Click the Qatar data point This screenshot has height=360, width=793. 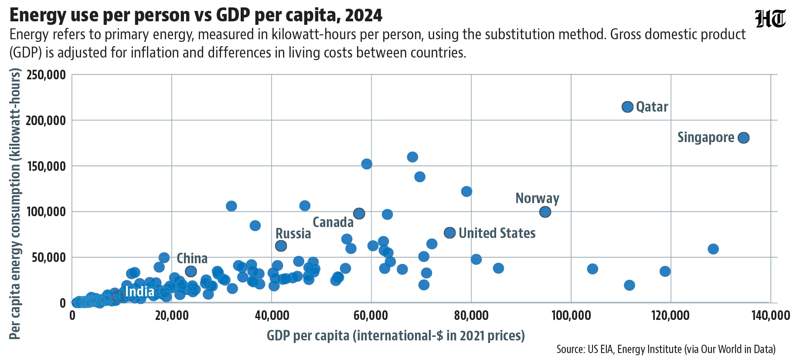pos(627,107)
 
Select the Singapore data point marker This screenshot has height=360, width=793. pos(744,138)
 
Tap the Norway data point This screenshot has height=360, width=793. pos(545,212)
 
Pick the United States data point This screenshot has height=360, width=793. pos(450,233)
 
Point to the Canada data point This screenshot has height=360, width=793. pos(359,213)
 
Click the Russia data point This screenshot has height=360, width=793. pos(281,246)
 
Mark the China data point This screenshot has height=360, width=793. pos(191,272)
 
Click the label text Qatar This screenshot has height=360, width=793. pos(652,107)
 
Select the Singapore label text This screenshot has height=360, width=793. pos(706,137)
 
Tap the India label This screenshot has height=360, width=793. pos(140,291)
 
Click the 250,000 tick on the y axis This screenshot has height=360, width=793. pos(46,75)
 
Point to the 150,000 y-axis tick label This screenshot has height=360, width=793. pos(46,166)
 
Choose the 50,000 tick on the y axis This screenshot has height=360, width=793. pos(49,257)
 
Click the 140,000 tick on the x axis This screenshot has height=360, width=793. pos(770,315)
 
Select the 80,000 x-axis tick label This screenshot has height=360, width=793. pos(471,315)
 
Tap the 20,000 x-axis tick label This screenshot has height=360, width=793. pos(172,315)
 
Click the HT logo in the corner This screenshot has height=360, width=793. pos(770,19)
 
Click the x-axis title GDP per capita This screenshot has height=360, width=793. pos(395,336)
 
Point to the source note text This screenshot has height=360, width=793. pos(666,349)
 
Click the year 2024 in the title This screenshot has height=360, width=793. pos(363,15)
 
